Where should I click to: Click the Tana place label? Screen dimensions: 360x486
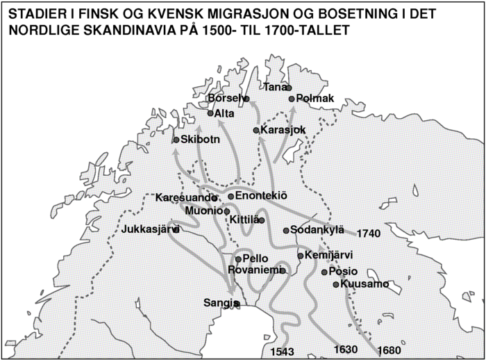(x=275, y=87)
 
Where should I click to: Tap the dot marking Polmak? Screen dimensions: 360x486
(x=292, y=99)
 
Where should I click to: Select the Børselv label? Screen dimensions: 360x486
(x=224, y=99)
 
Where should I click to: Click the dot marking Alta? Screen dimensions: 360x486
(x=210, y=113)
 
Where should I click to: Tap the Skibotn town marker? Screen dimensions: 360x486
(x=176, y=140)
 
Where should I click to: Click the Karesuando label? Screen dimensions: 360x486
(x=177, y=197)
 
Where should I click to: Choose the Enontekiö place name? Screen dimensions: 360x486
(x=261, y=196)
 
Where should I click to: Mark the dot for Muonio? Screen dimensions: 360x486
(x=226, y=211)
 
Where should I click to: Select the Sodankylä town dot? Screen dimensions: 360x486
(x=286, y=230)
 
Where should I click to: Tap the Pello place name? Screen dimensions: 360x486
(x=255, y=259)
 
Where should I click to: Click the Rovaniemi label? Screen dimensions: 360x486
(x=253, y=270)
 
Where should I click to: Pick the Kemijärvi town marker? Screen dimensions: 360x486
(x=300, y=256)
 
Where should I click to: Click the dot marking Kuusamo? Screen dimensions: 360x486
(x=336, y=284)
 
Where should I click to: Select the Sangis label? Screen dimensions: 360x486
(x=218, y=303)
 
